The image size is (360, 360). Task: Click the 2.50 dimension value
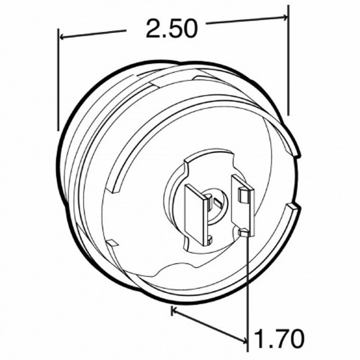point(172,29)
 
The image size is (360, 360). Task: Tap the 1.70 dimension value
point(279,339)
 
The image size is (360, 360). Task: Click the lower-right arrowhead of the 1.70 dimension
point(244,341)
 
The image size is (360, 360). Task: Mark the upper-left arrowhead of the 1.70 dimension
point(174,309)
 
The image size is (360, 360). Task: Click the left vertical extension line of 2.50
point(58,80)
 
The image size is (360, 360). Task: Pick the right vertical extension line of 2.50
point(288,60)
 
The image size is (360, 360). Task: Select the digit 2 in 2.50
point(153,29)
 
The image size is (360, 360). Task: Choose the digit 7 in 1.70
point(278,339)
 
